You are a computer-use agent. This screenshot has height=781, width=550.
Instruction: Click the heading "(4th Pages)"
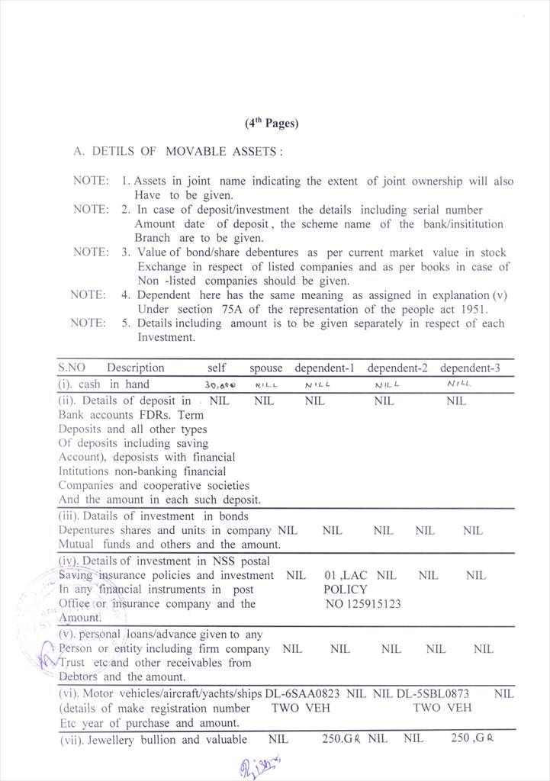click(x=272, y=123)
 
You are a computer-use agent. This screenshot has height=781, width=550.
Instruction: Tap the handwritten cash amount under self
click(x=221, y=386)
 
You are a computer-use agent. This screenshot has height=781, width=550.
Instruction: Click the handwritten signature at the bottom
click(x=260, y=764)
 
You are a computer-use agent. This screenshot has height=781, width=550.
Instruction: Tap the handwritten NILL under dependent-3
click(x=458, y=384)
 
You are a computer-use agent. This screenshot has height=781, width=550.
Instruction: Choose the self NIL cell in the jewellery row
click(x=278, y=739)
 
